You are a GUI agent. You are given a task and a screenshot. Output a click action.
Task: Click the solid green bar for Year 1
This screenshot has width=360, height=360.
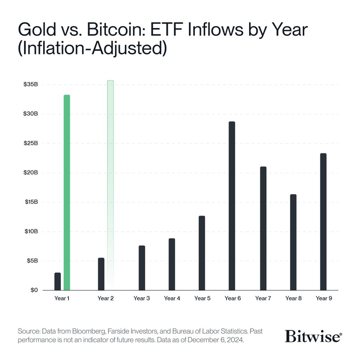[x=67, y=192]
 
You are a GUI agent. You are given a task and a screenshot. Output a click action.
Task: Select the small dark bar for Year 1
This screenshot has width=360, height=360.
[x=58, y=281]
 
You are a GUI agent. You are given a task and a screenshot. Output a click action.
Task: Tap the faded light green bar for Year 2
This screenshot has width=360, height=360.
[x=110, y=184]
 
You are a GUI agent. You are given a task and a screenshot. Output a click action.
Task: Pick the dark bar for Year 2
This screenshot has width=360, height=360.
[x=101, y=274]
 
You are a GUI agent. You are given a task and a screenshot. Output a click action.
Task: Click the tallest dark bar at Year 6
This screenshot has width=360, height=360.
[x=232, y=206]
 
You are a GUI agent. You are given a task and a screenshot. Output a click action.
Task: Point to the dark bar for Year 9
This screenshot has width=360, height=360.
[x=323, y=222]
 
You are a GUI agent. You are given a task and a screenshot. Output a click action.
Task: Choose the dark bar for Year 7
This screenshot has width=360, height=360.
[x=263, y=228]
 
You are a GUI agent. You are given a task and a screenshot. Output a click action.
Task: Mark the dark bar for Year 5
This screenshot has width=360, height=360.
[x=202, y=253]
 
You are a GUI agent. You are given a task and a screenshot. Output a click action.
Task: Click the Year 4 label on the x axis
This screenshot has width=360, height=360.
[x=172, y=298]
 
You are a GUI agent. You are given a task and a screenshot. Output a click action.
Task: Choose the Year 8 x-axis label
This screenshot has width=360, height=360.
[x=293, y=298]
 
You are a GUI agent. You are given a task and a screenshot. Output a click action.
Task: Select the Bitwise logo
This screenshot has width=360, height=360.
[x=313, y=336]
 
